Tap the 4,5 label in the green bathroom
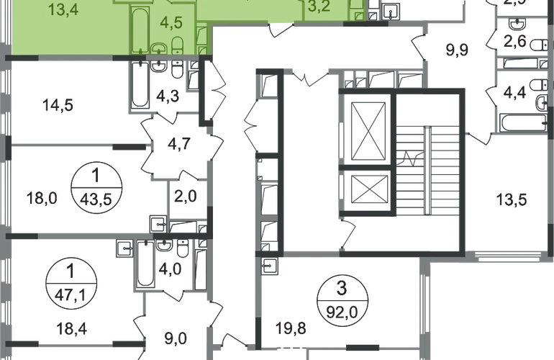click(x=171, y=21)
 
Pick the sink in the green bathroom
click(x=157, y=48)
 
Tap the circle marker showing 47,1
click(x=69, y=282)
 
